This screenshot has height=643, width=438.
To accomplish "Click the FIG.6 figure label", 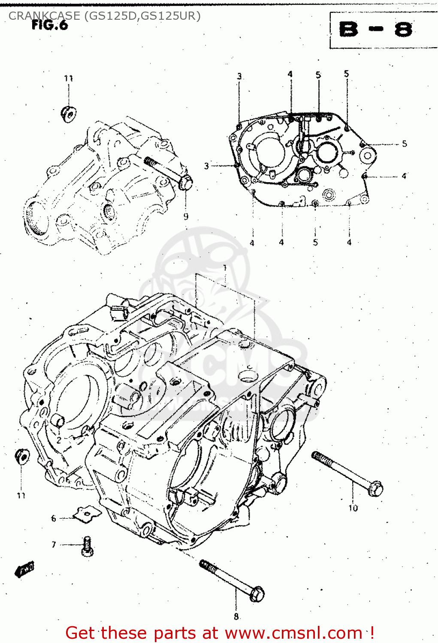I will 50,25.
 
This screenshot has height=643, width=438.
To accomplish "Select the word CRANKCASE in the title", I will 44,16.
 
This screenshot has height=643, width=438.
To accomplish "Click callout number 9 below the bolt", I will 186,216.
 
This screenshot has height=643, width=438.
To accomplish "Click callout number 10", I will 353,508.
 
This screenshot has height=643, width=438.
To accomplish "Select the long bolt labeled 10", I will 347,474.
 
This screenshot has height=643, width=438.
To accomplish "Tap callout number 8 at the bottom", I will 236,616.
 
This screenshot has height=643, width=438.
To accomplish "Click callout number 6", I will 54,518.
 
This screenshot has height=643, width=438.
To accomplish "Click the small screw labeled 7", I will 87,547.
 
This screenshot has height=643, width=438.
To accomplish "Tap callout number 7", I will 54,544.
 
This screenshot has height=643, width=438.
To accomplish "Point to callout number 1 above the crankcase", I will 225,268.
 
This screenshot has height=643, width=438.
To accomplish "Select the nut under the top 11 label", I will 68,114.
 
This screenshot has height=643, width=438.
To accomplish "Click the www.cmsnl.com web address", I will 293,633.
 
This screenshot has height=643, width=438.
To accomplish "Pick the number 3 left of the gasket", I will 207,166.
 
